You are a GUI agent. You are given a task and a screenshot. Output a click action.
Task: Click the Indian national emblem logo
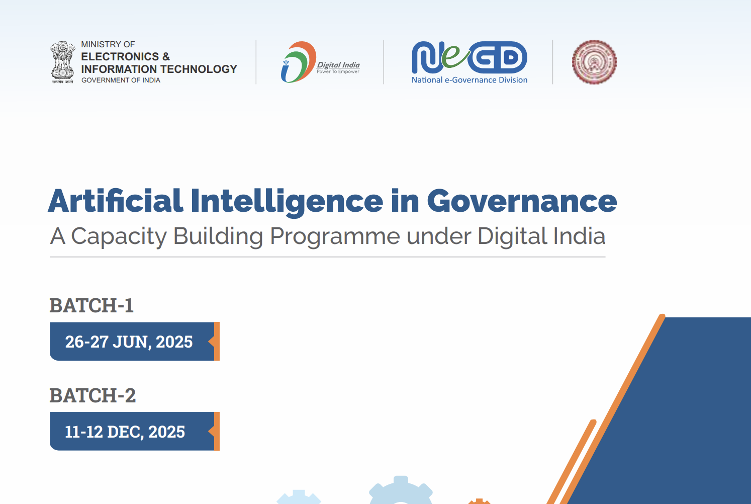pos(62,61)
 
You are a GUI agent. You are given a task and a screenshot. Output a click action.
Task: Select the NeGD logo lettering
pos(470,57)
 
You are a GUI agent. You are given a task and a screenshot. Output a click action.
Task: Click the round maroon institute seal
pos(594,62)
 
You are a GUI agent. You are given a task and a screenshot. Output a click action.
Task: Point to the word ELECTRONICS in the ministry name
pos(120,56)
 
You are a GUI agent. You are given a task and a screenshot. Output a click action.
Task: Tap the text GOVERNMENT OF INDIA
pos(121,80)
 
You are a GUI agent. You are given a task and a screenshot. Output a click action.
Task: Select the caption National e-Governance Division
pos(470,80)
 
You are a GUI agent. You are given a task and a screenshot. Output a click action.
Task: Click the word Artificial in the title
pos(116,201)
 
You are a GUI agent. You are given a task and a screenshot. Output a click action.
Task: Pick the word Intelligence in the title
pos(287,201)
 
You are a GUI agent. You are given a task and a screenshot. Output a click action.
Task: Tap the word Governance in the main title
pos(522,201)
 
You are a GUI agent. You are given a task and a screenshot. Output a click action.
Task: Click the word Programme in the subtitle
pos(335,236)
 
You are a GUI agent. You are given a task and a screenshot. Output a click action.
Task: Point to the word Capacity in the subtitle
pos(119,236)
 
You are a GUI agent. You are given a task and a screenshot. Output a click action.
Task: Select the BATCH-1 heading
pos(91,306)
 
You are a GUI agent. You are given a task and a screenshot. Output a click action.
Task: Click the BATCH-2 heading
pos(92,396)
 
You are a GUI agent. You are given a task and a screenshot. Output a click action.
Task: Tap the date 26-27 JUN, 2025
pos(129,342)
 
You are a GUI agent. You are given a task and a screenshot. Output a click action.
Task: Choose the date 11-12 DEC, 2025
pos(125,432)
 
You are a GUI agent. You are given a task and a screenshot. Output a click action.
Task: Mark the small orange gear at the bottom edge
pos(479,501)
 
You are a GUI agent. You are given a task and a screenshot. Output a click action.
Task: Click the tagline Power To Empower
pos(338,72)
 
